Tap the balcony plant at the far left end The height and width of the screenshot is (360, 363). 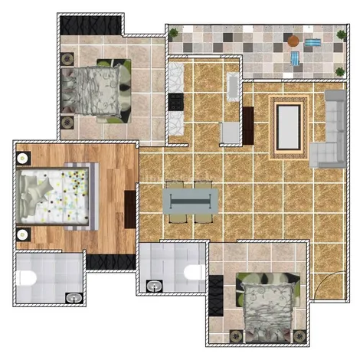click(175, 33)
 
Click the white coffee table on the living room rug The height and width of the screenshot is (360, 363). click(288, 126)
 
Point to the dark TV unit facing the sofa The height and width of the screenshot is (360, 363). click(248, 123)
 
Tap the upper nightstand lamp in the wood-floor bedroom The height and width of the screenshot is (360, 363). click(23, 158)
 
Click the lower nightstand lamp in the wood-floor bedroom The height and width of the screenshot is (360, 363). click(23, 234)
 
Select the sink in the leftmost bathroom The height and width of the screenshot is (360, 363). click(74, 297)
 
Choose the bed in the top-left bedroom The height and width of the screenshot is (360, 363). click(96, 89)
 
